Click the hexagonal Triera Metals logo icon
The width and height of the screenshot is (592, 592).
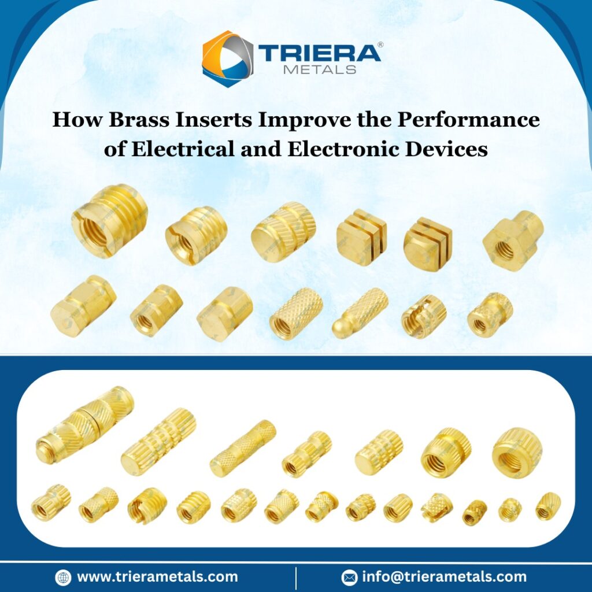pos(227,58)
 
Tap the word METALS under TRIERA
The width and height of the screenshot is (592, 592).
pos(320,70)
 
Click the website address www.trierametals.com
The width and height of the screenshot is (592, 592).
pos(157,576)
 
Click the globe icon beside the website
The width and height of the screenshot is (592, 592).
pos(63,577)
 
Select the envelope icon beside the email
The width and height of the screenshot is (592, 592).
pos(349,577)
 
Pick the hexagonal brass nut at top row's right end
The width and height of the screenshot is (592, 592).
pos(513,239)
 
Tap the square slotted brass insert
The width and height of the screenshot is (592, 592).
pos(361,236)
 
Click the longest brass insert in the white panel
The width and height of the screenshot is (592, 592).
pos(84,424)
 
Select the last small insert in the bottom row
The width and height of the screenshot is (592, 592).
pos(547,506)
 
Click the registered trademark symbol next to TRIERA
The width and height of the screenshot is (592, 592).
pos(380,45)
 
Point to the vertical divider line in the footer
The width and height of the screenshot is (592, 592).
pos(296,577)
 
